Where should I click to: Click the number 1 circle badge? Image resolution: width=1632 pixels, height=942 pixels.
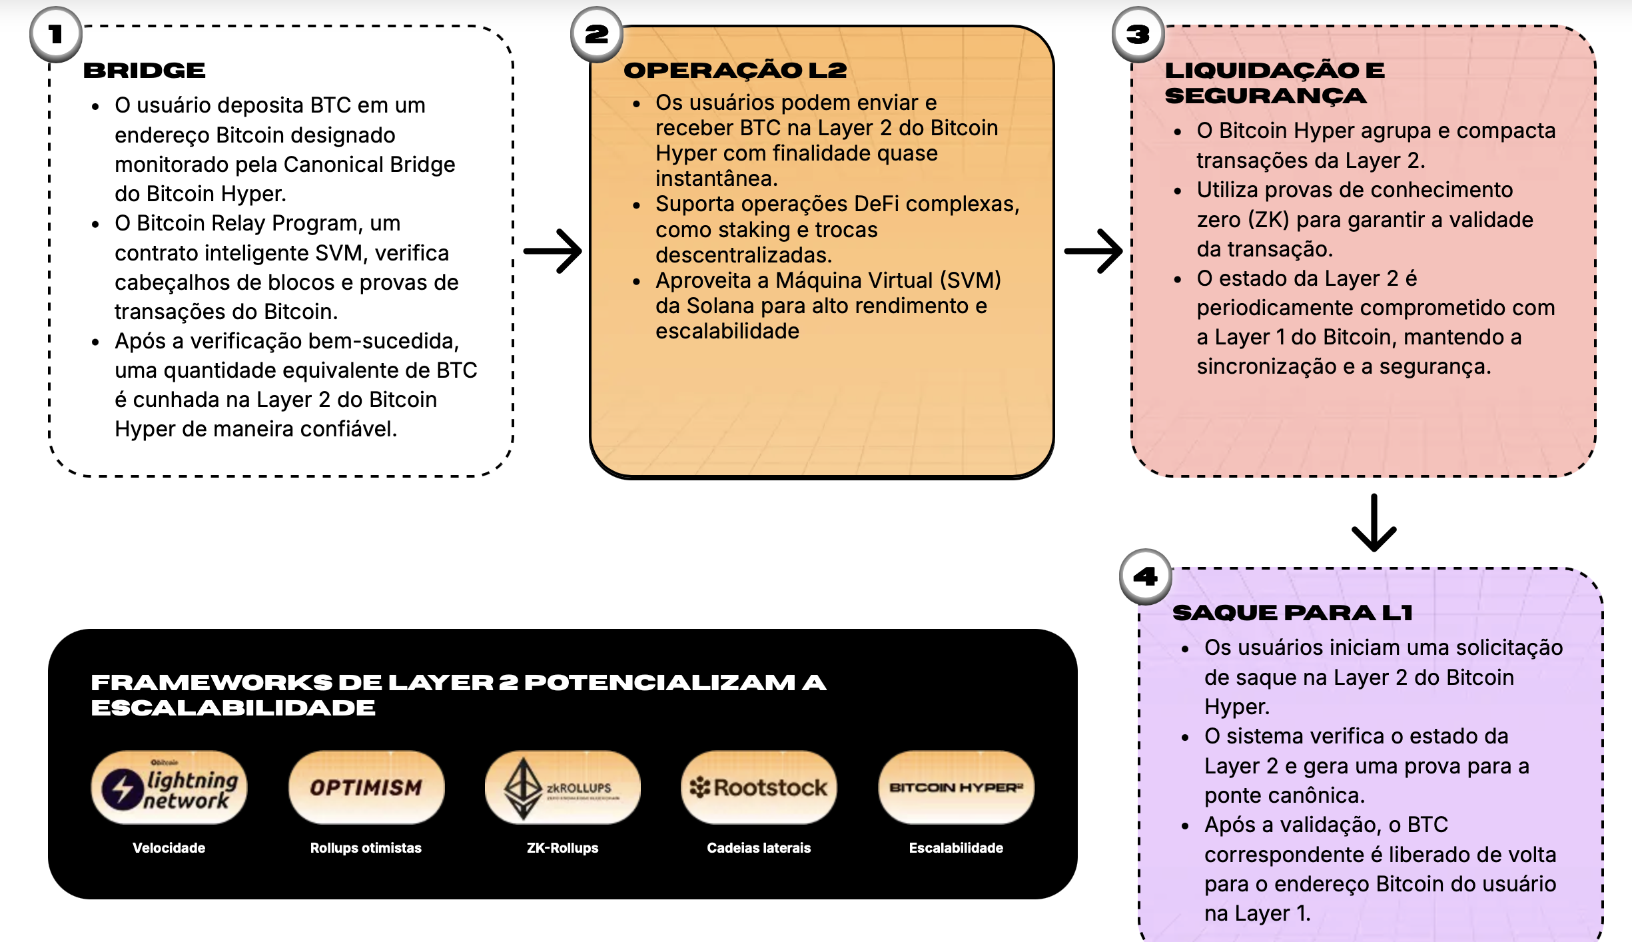[56, 34]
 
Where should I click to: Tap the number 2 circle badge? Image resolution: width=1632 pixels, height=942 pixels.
[597, 34]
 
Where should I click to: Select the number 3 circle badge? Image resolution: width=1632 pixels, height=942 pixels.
[1138, 34]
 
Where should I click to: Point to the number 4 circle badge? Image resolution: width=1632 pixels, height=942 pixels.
[1146, 576]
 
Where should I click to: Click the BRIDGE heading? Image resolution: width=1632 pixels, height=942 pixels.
[144, 71]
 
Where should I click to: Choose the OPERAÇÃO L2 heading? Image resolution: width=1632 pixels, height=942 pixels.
[735, 71]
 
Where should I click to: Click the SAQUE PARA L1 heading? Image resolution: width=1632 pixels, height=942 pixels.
[1292, 613]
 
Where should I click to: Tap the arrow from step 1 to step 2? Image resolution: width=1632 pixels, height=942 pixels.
[552, 251]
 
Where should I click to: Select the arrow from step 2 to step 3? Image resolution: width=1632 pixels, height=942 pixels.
[1093, 251]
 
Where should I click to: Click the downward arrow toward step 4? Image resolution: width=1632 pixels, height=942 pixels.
[1374, 523]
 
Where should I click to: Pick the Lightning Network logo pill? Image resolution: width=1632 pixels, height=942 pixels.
[169, 787]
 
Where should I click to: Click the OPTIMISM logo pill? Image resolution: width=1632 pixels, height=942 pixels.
[366, 787]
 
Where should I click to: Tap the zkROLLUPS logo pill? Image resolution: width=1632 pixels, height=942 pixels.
[562, 787]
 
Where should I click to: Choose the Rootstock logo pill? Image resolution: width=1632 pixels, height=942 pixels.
[759, 787]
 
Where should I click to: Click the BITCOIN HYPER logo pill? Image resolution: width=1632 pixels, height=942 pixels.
[956, 787]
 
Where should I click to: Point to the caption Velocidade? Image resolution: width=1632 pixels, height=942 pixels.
[169, 848]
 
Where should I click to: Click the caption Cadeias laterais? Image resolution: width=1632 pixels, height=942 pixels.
[759, 848]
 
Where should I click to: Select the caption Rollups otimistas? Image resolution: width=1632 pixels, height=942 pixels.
[366, 848]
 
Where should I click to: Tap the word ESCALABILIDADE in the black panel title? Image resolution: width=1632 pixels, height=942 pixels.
[233, 708]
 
